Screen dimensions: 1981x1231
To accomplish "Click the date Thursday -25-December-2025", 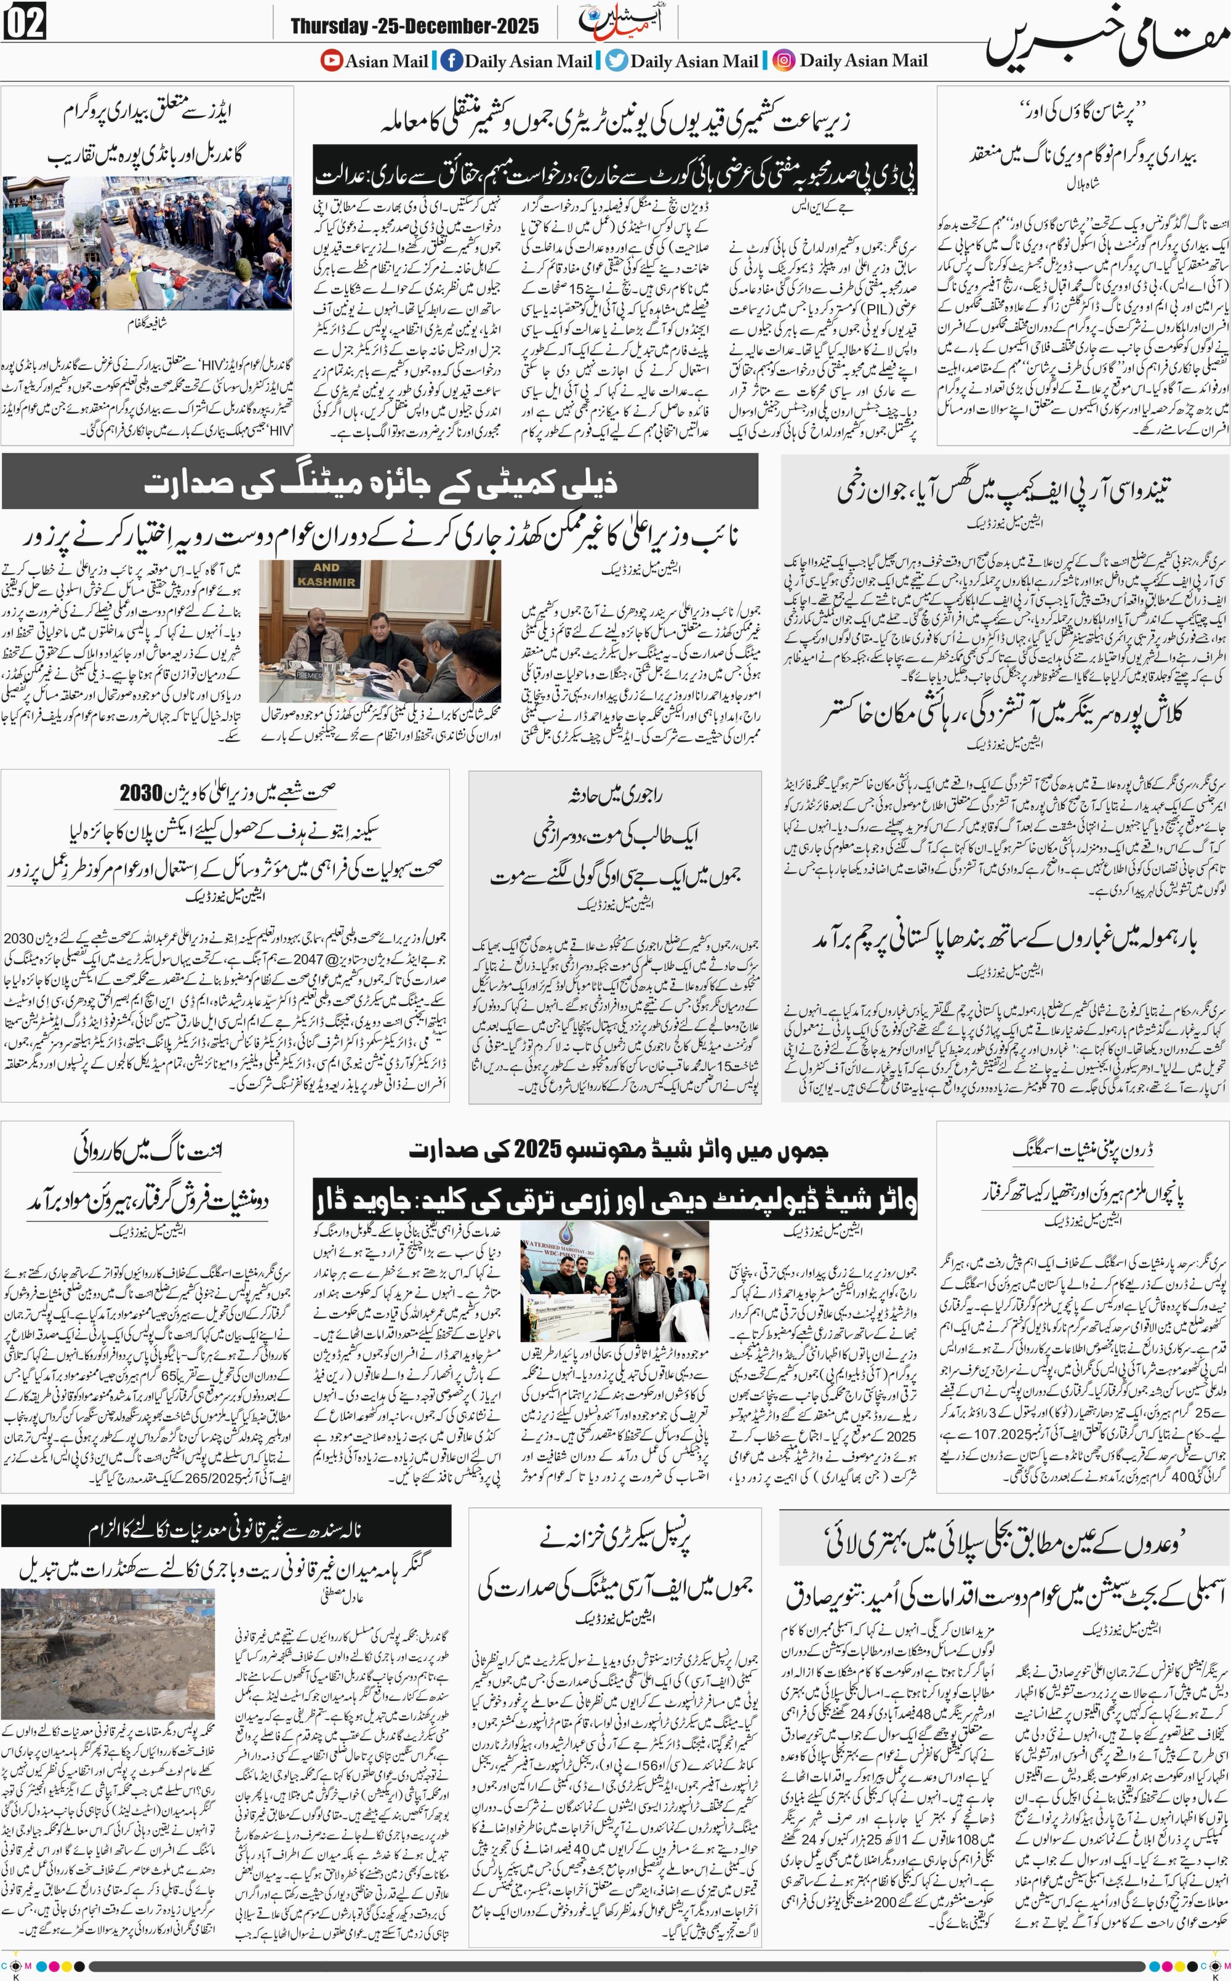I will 414,26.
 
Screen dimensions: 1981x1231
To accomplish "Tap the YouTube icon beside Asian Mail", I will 331,60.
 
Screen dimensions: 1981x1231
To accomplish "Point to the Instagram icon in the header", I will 783,60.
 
